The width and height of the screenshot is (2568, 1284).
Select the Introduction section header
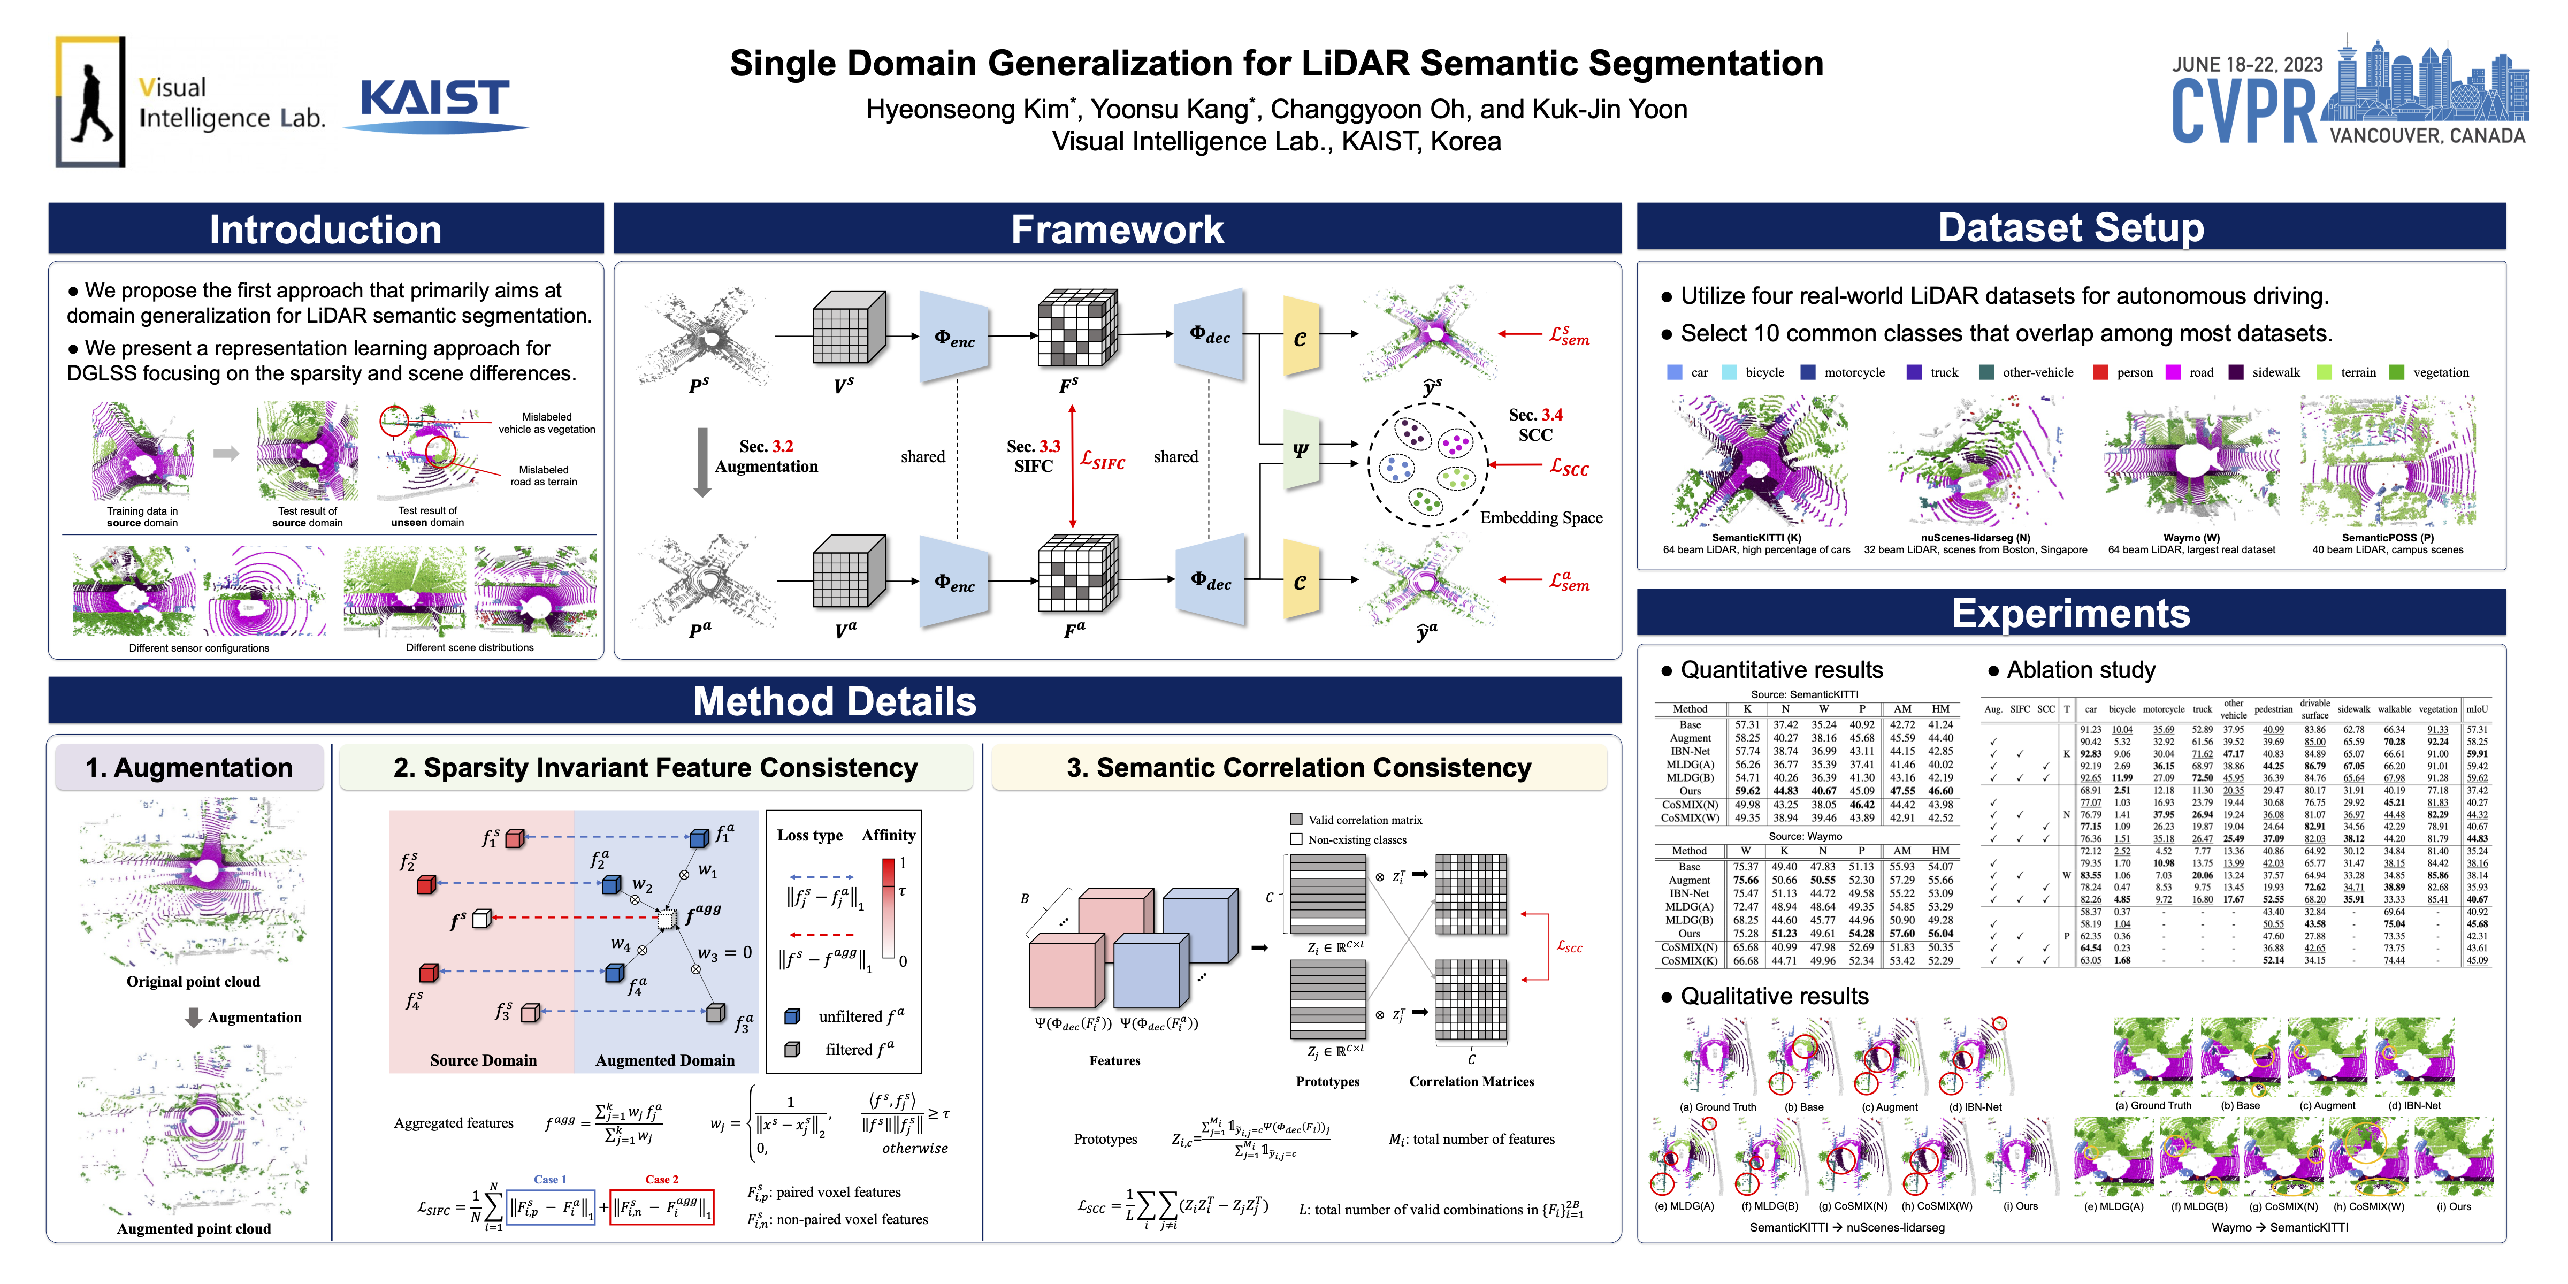click(x=325, y=230)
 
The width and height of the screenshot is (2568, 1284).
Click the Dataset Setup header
click(x=2070, y=227)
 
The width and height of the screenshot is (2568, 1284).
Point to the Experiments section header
click(x=2070, y=613)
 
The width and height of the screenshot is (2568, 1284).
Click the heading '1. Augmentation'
click(x=189, y=768)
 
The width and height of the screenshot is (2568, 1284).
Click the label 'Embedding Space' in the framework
click(x=1541, y=517)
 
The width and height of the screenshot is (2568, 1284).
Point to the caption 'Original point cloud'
click(x=193, y=982)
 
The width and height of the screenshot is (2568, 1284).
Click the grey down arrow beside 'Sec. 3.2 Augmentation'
click(x=702, y=462)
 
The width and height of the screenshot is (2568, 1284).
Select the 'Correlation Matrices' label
click(x=1471, y=1082)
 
